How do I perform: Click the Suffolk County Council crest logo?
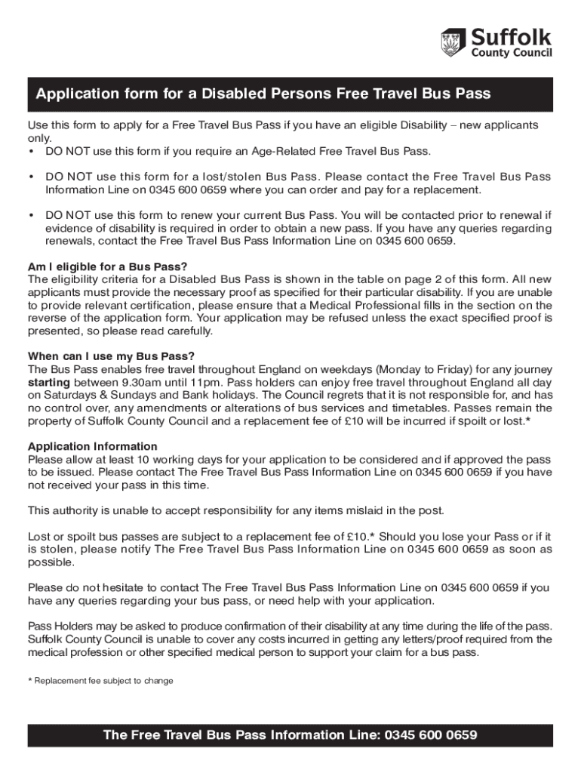coord(452,43)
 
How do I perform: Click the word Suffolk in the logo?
coord(512,36)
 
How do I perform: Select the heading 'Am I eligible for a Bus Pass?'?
coord(107,266)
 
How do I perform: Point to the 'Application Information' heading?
coord(93,446)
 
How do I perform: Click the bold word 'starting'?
coord(49,382)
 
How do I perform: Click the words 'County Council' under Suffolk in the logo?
coord(512,54)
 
